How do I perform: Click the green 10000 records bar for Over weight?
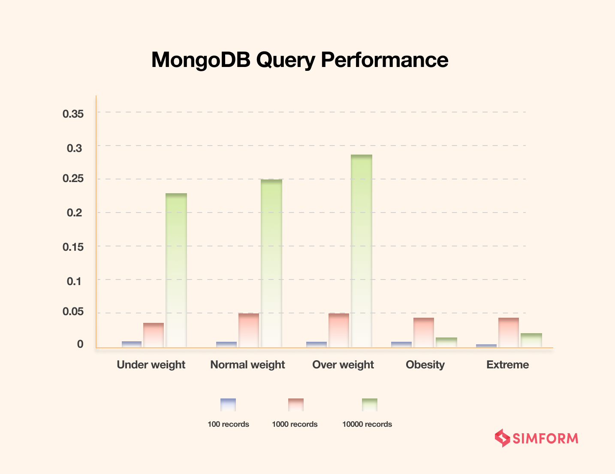[362, 251]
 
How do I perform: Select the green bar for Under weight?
[176, 270]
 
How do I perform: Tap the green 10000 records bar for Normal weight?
[271, 263]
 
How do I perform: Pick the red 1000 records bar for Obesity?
[424, 332]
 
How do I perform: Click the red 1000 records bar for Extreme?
[509, 332]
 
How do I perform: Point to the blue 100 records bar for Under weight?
[132, 344]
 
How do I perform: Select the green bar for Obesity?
[446, 342]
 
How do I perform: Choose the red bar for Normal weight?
[249, 330]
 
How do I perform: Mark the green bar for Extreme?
[531, 340]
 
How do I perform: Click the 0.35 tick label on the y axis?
[73, 114]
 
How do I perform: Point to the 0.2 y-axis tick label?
[75, 213]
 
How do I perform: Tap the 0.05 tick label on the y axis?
[73, 312]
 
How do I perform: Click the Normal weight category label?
[247, 365]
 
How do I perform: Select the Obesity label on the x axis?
[425, 365]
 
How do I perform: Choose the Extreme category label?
[507, 365]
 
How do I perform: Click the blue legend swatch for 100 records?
[228, 405]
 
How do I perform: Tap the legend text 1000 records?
[295, 424]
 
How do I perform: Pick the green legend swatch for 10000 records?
[370, 405]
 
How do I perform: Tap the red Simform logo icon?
[502, 438]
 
